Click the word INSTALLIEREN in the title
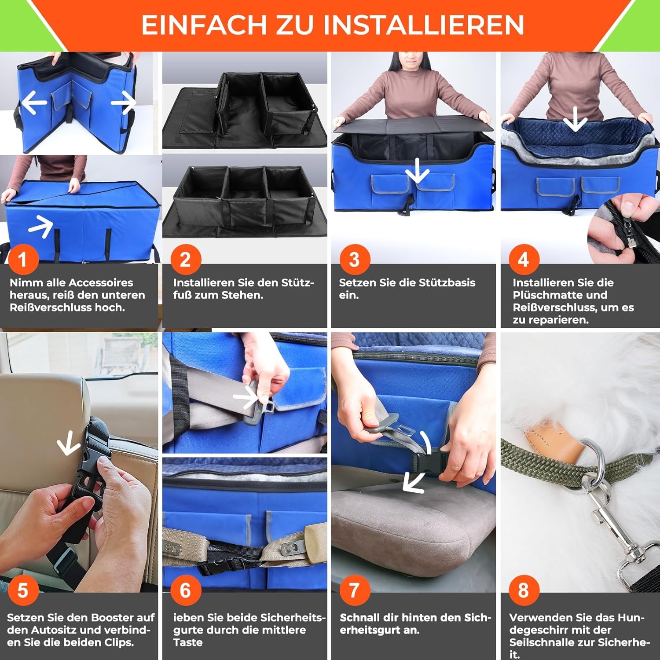click(424, 25)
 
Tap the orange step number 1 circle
click(22, 259)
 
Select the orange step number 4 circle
click(523, 259)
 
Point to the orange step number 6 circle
click(185, 590)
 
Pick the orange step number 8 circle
click(523, 590)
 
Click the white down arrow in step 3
click(416, 172)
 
